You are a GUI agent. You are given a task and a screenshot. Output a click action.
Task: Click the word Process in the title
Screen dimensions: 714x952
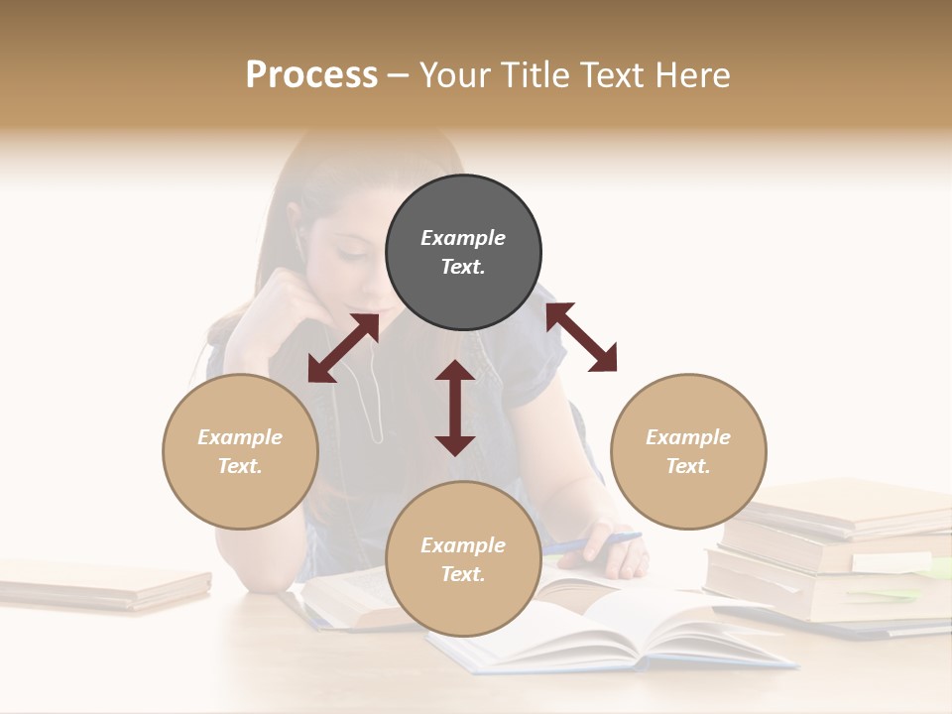coord(311,75)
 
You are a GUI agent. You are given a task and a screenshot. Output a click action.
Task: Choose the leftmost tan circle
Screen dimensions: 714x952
coord(240,451)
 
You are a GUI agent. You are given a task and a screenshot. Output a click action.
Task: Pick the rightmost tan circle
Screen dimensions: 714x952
coord(688,451)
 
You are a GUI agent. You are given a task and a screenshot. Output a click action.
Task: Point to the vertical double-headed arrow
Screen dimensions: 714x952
coord(455,408)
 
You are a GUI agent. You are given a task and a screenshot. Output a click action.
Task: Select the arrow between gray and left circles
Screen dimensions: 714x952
coord(343,348)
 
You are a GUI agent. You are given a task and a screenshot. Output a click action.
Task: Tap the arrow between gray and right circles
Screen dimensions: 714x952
coord(581,337)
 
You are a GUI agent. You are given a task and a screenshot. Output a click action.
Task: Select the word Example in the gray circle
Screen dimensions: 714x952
coord(463,238)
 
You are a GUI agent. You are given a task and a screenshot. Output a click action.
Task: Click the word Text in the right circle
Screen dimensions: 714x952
coord(688,466)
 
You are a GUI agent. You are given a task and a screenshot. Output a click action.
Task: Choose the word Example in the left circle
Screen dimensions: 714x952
coord(240,437)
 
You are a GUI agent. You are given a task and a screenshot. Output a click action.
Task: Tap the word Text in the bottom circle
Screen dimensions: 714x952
coord(463,574)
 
